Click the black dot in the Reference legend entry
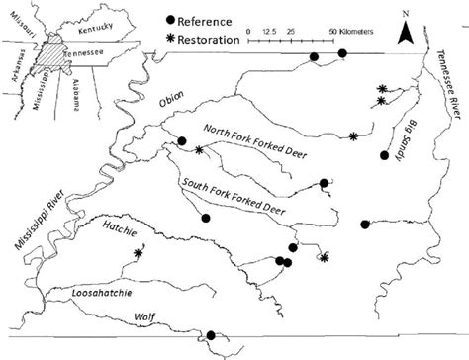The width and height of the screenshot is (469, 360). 170,20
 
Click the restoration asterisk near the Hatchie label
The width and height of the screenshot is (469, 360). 138,254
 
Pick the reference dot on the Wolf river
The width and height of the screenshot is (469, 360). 209,335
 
